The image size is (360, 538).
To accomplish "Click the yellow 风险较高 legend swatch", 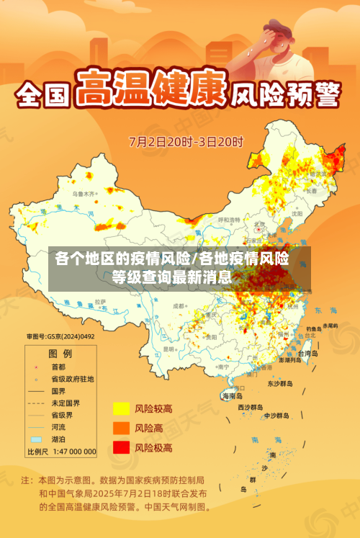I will (120, 409).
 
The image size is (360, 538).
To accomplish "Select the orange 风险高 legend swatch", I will (120, 428).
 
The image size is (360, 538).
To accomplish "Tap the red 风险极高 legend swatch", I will (120, 447).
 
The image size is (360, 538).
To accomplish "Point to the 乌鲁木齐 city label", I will (84, 194).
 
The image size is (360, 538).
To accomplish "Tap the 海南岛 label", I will (232, 396).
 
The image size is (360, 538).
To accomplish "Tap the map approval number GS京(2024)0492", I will (60, 336).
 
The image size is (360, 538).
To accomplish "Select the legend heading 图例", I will (60, 354).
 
